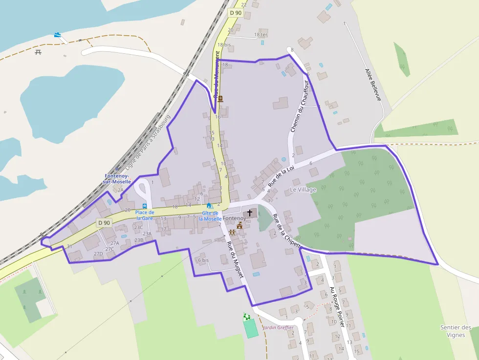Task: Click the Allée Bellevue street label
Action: pos(372,85)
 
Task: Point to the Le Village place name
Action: pos(303,190)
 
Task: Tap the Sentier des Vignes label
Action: pos(456,331)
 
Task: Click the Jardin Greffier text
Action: pos(278,327)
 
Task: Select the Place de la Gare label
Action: pos(145,215)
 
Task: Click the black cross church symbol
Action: pos(250,213)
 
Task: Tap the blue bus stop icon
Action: pos(144,206)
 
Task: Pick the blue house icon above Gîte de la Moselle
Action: pos(209,206)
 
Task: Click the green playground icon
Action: pos(247,317)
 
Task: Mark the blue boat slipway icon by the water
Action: pos(58,35)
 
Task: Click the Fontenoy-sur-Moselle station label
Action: pos(117,179)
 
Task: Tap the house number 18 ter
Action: pos(261,35)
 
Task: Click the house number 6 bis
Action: pos(203,260)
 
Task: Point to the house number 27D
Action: pos(98,254)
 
